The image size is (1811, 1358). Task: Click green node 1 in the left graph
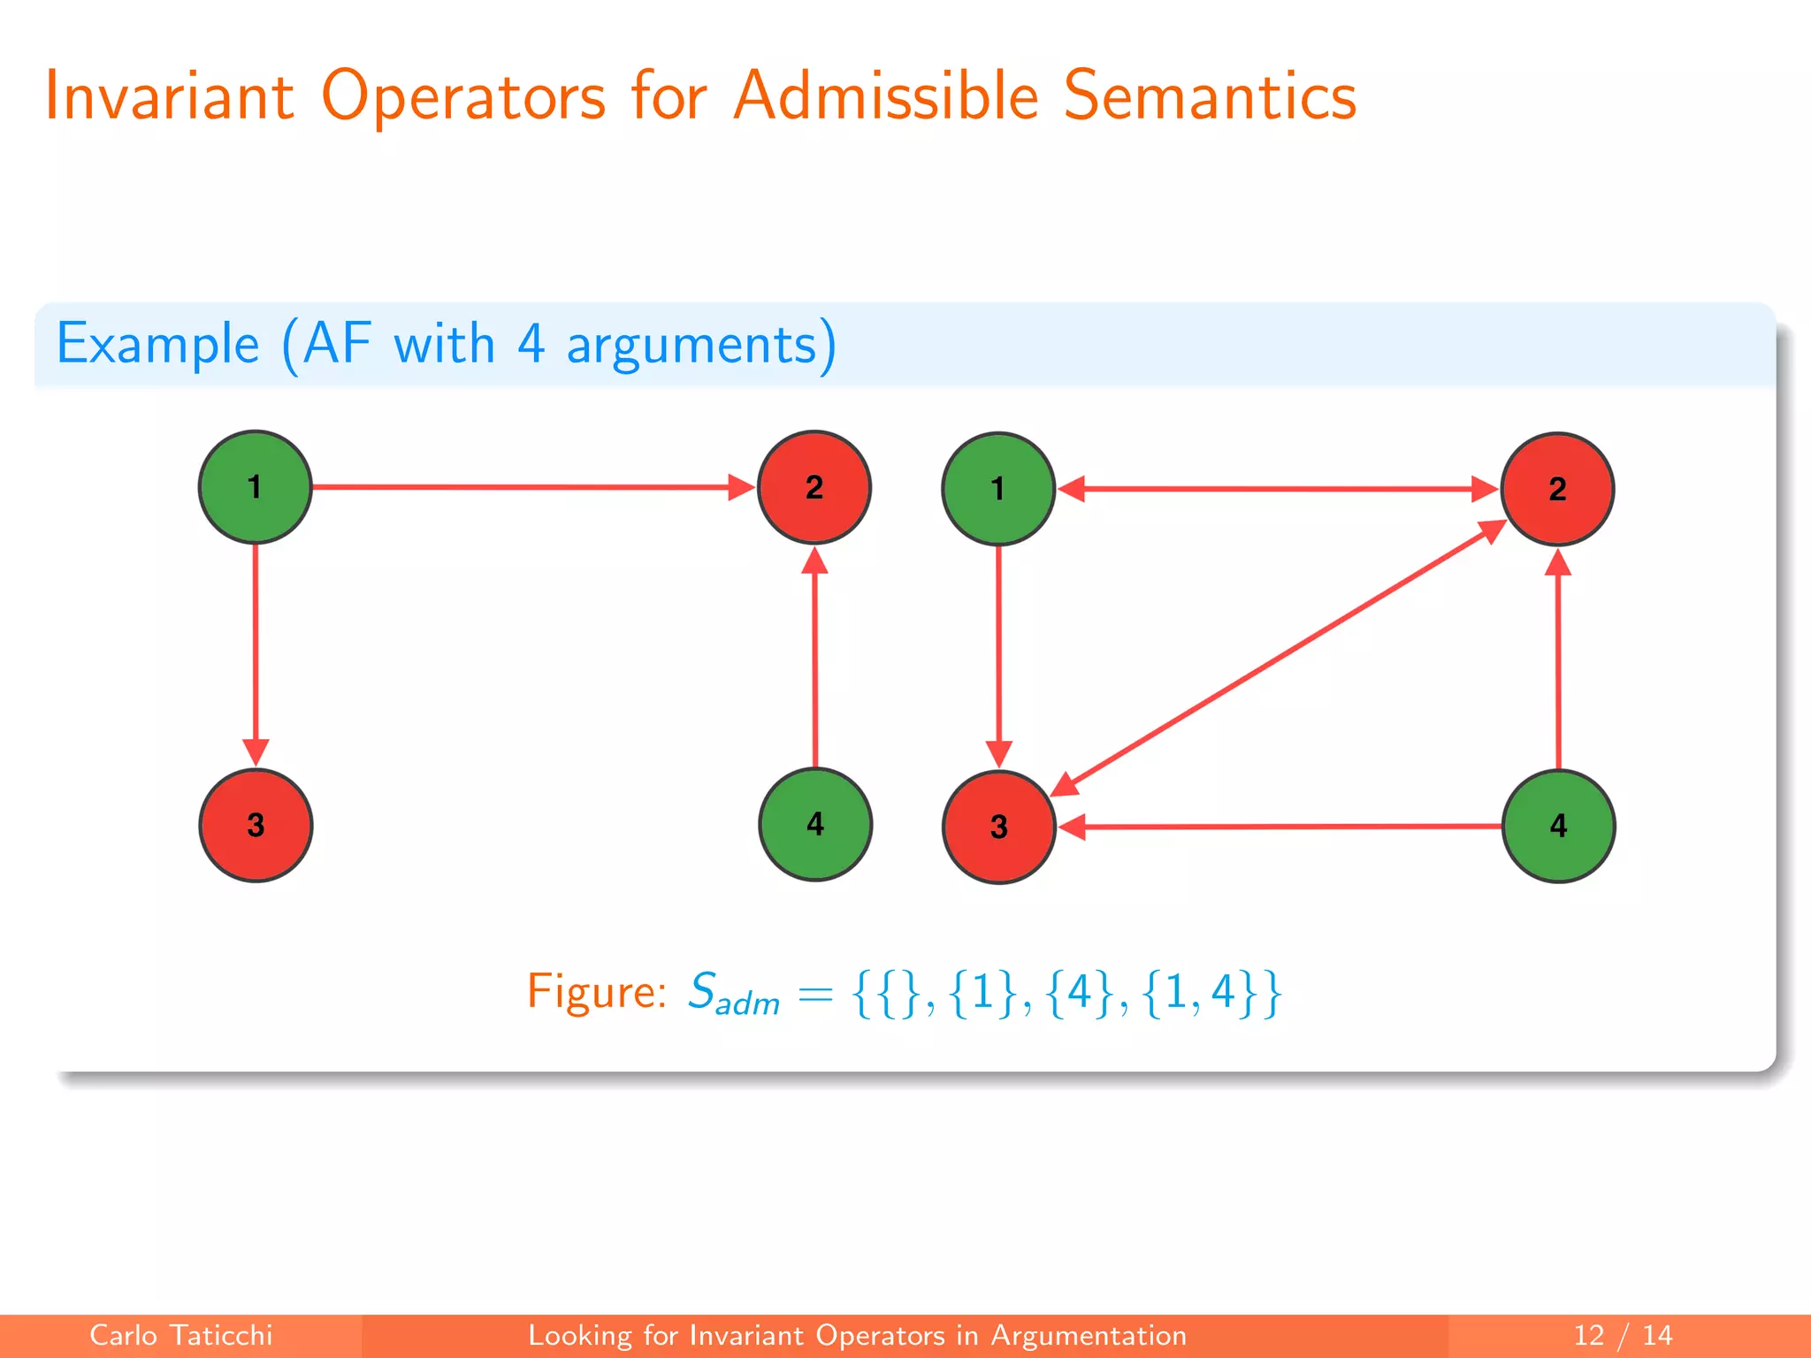tap(255, 487)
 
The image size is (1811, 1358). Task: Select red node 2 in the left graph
tap(814, 487)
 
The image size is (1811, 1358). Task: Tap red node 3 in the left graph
tap(256, 825)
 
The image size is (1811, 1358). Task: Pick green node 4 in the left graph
tap(815, 824)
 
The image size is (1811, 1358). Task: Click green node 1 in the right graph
tap(998, 489)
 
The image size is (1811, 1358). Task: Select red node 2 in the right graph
tap(1558, 489)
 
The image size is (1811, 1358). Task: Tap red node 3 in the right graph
tap(999, 827)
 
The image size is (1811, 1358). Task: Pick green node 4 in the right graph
tap(1559, 826)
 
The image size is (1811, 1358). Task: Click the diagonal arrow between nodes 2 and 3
tap(1278, 658)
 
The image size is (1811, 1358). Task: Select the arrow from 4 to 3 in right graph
tap(1282, 827)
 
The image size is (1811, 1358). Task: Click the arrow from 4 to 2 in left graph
tap(814, 659)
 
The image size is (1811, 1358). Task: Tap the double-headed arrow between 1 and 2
tap(1278, 489)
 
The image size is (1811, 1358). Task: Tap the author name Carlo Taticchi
tap(181, 1335)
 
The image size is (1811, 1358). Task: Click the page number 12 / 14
tap(1623, 1335)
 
